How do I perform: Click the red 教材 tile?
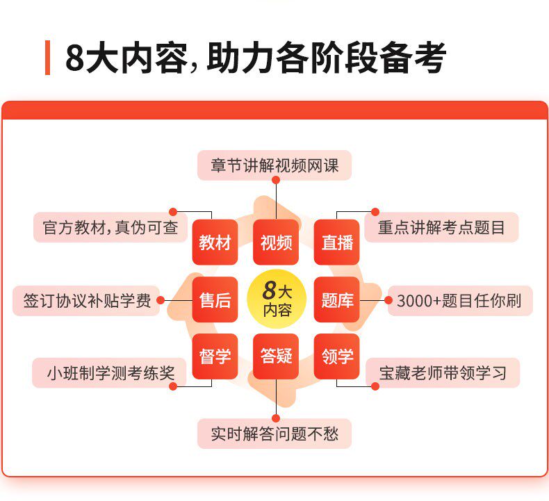(215, 243)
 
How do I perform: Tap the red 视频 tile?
(276, 243)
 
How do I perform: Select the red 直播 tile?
(337, 243)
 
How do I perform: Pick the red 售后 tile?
(215, 300)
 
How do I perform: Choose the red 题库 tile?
(337, 300)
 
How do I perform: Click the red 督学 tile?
(215, 356)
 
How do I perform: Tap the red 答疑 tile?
(276, 356)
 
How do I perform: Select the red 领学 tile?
(337, 356)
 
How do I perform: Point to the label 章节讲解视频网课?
(274, 166)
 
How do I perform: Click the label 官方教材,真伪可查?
(110, 227)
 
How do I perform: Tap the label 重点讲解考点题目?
(441, 227)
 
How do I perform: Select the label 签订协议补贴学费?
(87, 301)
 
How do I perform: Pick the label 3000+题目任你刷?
(459, 301)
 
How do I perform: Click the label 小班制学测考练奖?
(110, 373)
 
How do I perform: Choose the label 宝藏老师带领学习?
(443, 373)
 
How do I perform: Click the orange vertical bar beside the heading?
(47, 58)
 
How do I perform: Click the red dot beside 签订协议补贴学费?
(161, 301)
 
